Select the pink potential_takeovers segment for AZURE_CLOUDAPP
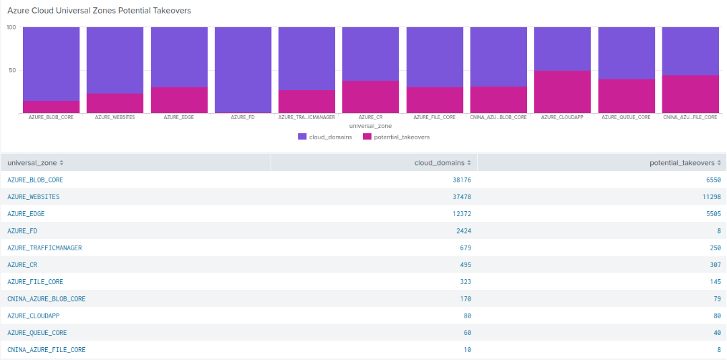[562, 92]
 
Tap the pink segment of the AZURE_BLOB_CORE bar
[51, 107]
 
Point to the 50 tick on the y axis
[11, 70]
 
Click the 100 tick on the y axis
[11, 28]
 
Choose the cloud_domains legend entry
[324, 137]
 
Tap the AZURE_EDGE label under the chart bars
[179, 117]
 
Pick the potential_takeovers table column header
[682, 163]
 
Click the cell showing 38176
[462, 180]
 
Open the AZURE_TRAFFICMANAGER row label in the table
[44, 248]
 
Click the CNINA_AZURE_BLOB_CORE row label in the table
[46, 299]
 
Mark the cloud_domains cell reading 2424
[464, 231]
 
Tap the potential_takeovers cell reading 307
[715, 264]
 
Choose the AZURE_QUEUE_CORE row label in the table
[37, 332]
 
